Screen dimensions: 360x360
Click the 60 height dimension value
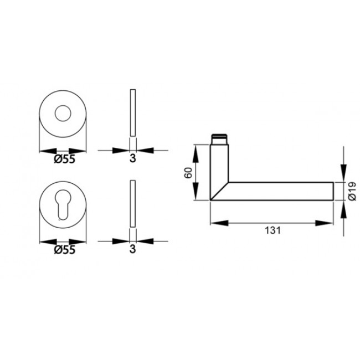tap(188, 172)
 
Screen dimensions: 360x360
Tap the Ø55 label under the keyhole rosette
tap(64, 250)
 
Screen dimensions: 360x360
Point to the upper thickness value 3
tap(132, 159)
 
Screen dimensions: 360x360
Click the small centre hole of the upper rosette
tap(63, 114)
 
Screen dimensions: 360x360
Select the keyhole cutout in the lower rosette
tap(63, 204)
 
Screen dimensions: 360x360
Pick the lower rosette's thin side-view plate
tap(132, 203)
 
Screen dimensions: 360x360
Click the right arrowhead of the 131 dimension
tap(327, 223)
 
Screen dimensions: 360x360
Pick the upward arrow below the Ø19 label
tap(343, 207)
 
